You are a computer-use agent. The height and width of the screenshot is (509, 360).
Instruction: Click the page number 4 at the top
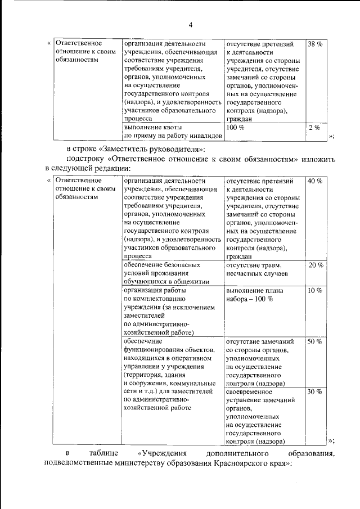coord(190,25)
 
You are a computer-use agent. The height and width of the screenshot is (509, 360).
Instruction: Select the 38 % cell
coord(314,43)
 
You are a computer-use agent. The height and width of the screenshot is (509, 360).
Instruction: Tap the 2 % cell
coord(314,128)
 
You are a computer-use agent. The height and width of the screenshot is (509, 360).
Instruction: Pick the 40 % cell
coord(314,181)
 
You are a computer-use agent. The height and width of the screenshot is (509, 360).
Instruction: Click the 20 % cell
coord(316,265)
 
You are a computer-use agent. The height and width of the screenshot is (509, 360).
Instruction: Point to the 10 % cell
coord(314,290)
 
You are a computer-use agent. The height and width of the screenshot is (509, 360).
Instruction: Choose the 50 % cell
coord(314,341)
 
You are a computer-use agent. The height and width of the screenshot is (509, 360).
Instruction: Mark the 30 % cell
coord(314,391)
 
